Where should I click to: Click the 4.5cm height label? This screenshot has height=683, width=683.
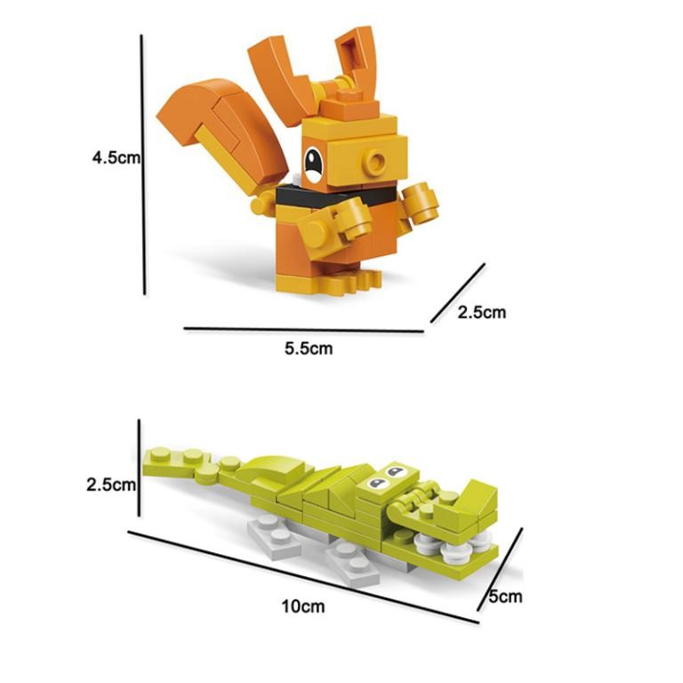click(117, 157)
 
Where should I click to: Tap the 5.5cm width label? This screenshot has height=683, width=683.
click(309, 348)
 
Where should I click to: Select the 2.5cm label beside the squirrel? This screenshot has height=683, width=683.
click(481, 312)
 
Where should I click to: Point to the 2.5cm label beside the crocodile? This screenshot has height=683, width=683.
click(110, 486)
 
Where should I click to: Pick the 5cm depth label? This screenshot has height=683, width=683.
click(505, 597)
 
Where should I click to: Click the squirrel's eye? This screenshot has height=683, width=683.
click(314, 163)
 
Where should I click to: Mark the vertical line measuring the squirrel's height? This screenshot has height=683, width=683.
click(142, 165)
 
